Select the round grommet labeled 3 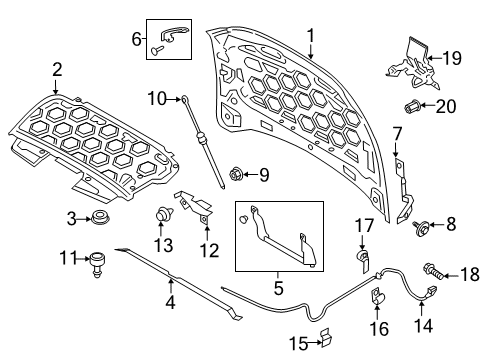coord(100,218)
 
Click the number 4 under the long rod coord(170,301)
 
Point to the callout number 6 coord(136,38)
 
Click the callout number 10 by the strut coord(155,97)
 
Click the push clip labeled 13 coord(160,214)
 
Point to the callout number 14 coord(426,325)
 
